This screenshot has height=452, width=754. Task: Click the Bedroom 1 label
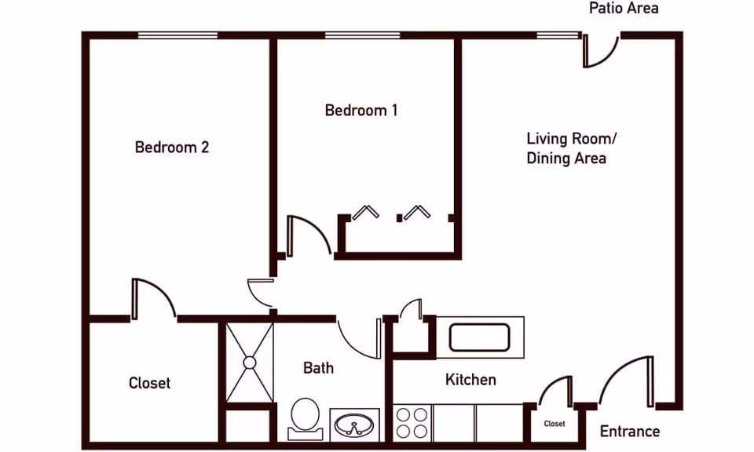(361, 111)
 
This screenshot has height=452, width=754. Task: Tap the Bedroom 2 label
(172, 147)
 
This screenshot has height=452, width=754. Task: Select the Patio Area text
(624, 8)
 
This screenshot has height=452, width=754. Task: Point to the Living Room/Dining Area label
(571, 148)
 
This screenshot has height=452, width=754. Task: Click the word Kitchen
(470, 380)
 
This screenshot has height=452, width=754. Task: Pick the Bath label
(318, 368)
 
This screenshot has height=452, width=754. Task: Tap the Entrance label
(630, 432)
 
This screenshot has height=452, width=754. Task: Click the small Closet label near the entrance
(555, 424)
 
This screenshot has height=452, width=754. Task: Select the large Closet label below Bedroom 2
(149, 383)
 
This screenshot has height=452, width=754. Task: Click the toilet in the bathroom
(305, 418)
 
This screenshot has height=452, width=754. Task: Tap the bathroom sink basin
(354, 425)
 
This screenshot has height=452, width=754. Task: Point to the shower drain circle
(250, 363)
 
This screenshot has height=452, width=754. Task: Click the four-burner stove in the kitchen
(412, 423)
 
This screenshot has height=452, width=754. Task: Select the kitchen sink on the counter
(479, 337)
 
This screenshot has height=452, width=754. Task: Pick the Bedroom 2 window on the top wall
(178, 35)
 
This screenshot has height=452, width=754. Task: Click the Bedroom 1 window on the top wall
(363, 35)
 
